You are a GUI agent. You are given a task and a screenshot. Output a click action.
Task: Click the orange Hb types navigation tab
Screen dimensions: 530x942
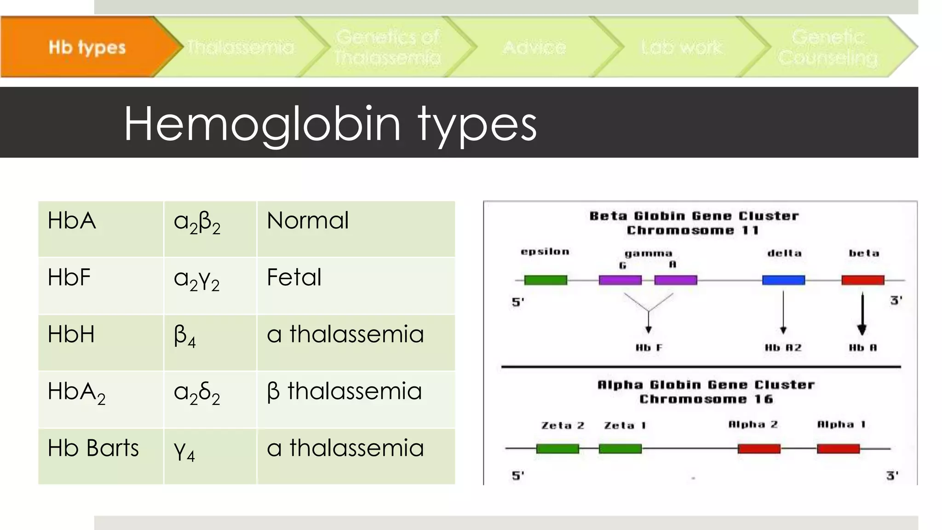click(x=87, y=47)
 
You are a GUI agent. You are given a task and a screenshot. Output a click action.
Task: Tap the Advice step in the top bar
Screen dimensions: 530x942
click(x=534, y=47)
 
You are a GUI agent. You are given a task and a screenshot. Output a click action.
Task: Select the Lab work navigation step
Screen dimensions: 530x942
click(x=682, y=47)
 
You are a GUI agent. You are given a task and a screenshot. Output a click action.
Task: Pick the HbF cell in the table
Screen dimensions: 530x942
click(x=69, y=277)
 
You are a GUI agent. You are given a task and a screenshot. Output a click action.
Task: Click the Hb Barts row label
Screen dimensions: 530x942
click(x=93, y=448)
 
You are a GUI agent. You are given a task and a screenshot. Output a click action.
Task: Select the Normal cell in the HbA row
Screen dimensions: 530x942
click(x=308, y=220)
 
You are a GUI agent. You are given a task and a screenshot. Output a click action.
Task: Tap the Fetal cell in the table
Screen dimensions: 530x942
click(x=294, y=277)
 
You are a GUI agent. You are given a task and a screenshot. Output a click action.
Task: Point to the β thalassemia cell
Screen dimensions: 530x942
click(x=344, y=391)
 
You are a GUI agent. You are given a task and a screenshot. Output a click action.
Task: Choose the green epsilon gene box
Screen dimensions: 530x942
click(x=546, y=280)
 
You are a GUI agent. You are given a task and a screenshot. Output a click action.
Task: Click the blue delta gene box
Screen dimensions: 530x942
click(x=783, y=280)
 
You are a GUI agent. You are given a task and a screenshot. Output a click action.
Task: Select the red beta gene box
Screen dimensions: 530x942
click(x=862, y=280)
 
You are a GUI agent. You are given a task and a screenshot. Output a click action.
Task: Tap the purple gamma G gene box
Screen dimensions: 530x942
click(x=620, y=280)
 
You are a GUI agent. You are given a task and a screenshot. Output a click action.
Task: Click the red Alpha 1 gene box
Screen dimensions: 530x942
click(x=838, y=449)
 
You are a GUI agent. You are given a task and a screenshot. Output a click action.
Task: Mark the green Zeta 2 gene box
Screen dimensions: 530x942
click(x=557, y=449)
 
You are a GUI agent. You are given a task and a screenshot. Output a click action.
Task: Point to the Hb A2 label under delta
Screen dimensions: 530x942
click(x=783, y=348)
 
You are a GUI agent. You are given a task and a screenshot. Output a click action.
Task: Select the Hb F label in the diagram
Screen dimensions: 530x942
click(x=649, y=348)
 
